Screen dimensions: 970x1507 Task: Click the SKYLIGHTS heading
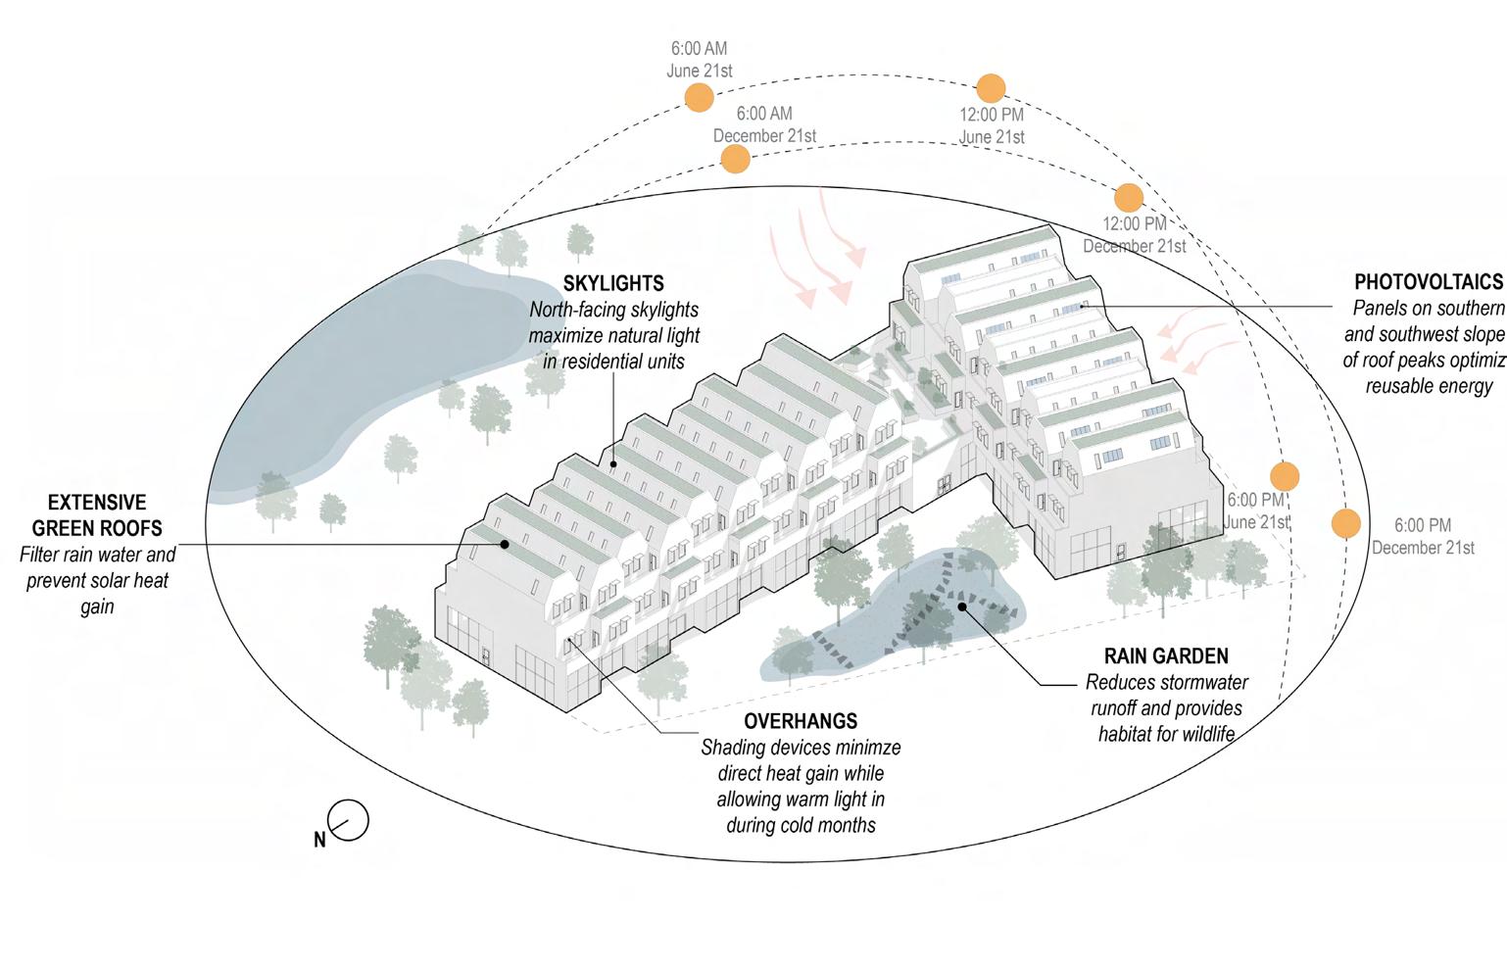pos(613,284)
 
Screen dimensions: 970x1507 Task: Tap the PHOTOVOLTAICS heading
pos(1429,282)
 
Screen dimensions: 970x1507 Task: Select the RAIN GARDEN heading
pos(1166,656)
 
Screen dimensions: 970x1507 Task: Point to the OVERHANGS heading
pos(801,721)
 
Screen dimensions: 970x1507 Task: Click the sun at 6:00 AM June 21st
pos(699,97)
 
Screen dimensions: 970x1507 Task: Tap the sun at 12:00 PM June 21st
pos(992,87)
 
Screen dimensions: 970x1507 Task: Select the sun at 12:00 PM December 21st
pos(1129,197)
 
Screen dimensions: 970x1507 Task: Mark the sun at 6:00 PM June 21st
pos(1285,477)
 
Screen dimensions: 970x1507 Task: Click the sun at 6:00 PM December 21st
pos(1346,523)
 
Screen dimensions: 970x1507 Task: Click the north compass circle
pos(350,820)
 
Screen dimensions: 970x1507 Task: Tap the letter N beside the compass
pos(319,840)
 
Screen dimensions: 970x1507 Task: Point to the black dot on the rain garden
pos(963,606)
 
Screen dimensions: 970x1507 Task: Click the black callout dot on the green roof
pos(505,544)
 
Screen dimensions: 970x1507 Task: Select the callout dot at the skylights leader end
pos(613,463)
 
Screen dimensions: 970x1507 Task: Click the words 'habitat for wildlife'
pos(1166,733)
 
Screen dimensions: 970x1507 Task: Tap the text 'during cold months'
pos(801,825)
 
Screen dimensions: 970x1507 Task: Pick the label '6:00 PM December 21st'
pos(1423,537)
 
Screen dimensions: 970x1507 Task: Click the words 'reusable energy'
pos(1429,386)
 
